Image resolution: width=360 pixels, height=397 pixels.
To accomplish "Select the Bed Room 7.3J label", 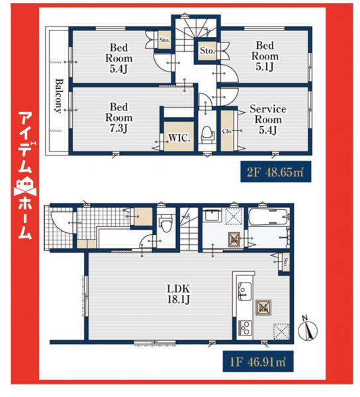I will (x=119, y=116).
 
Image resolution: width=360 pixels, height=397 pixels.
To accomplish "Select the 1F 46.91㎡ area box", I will (x=255, y=362).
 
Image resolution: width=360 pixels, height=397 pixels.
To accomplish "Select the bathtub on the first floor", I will (x=267, y=218).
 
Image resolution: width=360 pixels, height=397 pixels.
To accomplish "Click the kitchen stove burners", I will (x=244, y=328).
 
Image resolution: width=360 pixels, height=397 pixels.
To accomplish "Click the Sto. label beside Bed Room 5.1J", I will (x=206, y=50).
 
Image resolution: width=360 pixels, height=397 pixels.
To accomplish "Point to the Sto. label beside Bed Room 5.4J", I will (x=164, y=40).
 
